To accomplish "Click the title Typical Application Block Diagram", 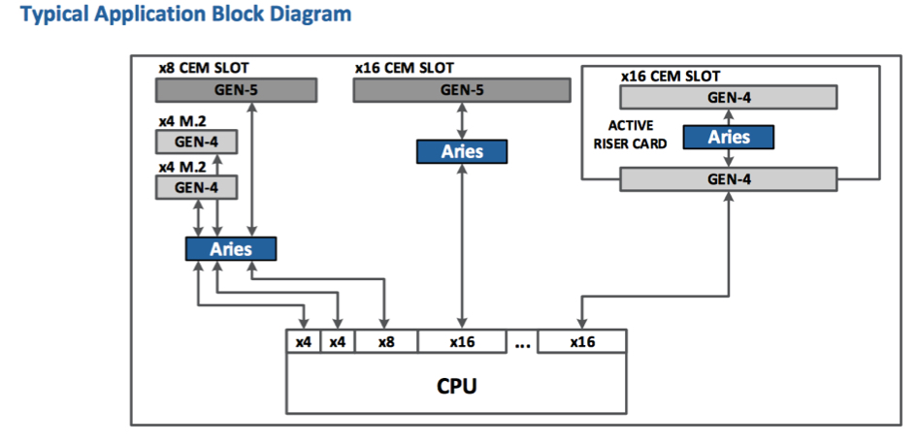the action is pyautogui.click(x=186, y=14).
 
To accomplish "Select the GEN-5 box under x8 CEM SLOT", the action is pyautogui.click(x=236, y=90).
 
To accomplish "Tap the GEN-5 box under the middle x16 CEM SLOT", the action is pyautogui.click(x=462, y=90).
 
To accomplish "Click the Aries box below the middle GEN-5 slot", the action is pyautogui.click(x=462, y=151).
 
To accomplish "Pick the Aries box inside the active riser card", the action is pyautogui.click(x=729, y=137).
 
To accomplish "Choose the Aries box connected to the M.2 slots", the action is pyautogui.click(x=231, y=249).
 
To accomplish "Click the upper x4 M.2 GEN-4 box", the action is pyautogui.click(x=197, y=142).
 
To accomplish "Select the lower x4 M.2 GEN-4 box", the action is pyautogui.click(x=197, y=187).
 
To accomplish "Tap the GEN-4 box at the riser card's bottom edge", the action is pyautogui.click(x=729, y=178).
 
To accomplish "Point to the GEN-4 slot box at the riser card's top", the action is pyautogui.click(x=729, y=97).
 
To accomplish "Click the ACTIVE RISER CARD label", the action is pyautogui.click(x=630, y=135).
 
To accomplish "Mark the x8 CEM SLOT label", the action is pyautogui.click(x=204, y=68).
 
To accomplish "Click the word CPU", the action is pyautogui.click(x=457, y=386).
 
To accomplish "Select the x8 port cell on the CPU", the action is pyautogui.click(x=386, y=342).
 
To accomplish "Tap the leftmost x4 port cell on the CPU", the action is pyautogui.click(x=304, y=342).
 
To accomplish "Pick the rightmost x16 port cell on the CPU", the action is pyautogui.click(x=582, y=342).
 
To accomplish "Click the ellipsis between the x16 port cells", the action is pyautogui.click(x=522, y=345).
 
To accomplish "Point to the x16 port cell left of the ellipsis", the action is pyautogui.click(x=462, y=342).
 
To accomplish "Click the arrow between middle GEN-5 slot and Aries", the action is pyautogui.click(x=462, y=121).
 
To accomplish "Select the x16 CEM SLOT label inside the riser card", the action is pyautogui.click(x=671, y=76).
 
